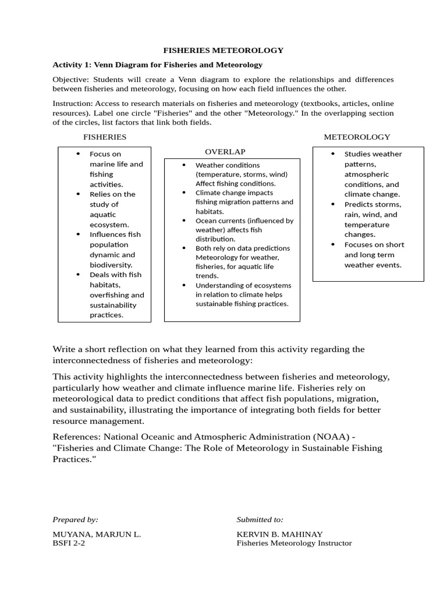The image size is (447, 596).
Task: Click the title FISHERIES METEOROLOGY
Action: pos(223,51)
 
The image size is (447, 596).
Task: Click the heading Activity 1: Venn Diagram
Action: pos(157,65)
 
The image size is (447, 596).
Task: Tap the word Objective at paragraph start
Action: pos(68,79)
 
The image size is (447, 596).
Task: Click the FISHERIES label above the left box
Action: pos(105,137)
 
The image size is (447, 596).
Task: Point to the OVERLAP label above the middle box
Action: pos(225,151)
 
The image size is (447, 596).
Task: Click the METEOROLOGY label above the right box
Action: pos(357,137)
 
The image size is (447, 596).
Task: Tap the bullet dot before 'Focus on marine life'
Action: pos(78,154)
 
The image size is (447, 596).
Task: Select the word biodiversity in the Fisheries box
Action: pos(111,265)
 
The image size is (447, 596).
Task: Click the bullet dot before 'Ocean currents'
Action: pos(184,221)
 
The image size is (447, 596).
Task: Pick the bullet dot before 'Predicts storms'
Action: pos(333,204)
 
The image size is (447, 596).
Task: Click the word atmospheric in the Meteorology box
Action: pos(367,174)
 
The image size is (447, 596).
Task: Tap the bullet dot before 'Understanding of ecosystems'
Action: pos(184,285)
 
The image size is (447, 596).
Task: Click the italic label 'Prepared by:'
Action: pos(75,520)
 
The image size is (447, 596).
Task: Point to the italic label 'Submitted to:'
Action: pos(260,520)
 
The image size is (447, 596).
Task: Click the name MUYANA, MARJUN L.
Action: pos(97,534)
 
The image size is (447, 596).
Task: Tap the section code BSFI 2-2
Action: pos(69,543)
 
